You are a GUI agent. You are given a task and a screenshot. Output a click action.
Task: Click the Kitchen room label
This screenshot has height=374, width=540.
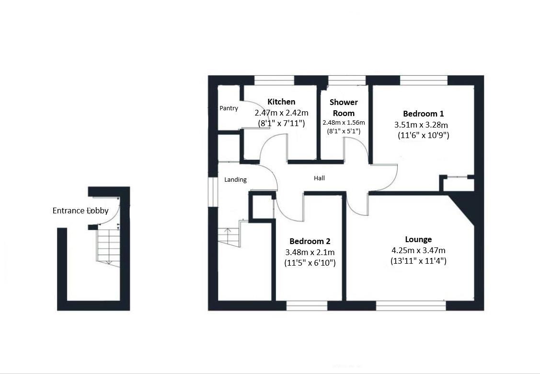[x=281, y=102]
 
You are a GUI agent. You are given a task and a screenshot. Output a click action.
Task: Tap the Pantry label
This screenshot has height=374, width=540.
[x=229, y=108]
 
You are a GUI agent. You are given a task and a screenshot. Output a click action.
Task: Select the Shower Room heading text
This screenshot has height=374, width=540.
[x=344, y=108]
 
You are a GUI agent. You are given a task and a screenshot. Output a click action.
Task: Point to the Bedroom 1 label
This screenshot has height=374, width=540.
[x=423, y=114]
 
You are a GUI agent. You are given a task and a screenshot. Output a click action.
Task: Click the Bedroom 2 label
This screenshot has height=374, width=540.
[x=310, y=241]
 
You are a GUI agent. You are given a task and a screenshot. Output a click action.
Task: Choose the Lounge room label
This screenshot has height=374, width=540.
[x=418, y=239]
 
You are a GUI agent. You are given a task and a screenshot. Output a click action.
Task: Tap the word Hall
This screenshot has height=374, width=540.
[x=319, y=178]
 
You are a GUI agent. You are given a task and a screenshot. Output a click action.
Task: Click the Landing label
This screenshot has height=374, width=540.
[x=235, y=180]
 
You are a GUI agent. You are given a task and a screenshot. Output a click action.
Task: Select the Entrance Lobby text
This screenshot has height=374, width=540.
[x=80, y=210]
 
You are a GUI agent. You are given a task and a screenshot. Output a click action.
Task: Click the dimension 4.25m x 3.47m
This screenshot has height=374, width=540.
[x=418, y=250]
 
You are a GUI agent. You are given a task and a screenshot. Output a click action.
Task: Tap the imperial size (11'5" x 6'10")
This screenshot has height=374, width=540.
[x=310, y=263]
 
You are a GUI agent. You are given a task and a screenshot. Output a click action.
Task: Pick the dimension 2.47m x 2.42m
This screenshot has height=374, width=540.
[x=281, y=113]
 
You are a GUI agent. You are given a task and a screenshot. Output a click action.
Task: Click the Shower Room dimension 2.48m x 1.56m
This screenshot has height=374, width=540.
[x=344, y=122]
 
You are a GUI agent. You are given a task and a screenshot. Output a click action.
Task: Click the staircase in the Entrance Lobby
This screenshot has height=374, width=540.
[x=108, y=245]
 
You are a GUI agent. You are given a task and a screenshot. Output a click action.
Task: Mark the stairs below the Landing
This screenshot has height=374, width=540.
[x=229, y=237]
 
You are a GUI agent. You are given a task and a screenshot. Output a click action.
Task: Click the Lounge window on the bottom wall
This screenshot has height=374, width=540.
[x=411, y=305]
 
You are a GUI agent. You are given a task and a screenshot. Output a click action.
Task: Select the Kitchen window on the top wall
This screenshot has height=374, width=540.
[x=274, y=81]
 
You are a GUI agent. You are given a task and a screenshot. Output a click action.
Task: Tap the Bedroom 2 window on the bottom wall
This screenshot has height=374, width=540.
[x=307, y=305]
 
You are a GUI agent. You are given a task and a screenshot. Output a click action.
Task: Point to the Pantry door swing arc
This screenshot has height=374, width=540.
[x=250, y=115]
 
